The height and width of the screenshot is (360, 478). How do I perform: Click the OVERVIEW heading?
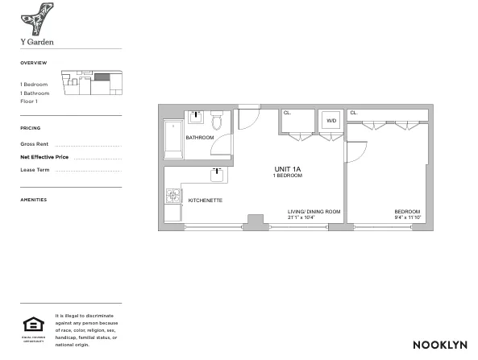pos(34,63)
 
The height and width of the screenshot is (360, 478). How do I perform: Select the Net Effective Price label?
pos(44,156)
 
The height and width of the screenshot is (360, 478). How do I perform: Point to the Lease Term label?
pos(35,170)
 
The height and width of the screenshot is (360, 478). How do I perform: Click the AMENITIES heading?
pos(34,200)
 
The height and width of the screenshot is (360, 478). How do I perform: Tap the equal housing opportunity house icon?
pos(33,325)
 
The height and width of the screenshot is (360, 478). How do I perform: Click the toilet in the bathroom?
pos(216,122)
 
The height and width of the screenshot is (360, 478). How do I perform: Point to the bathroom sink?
pos(194,117)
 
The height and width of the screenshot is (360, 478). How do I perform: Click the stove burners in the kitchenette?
pos(172,195)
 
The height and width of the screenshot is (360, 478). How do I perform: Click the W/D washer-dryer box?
pos(330,121)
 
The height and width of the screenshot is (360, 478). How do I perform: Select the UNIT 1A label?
pos(287,169)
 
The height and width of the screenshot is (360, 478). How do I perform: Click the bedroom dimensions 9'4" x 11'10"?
pos(406,217)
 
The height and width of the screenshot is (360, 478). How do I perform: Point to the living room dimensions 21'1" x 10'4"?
pos(314,217)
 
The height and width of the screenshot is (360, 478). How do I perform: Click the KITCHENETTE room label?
pos(205,200)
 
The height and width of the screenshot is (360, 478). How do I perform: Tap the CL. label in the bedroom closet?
pos(354,113)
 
